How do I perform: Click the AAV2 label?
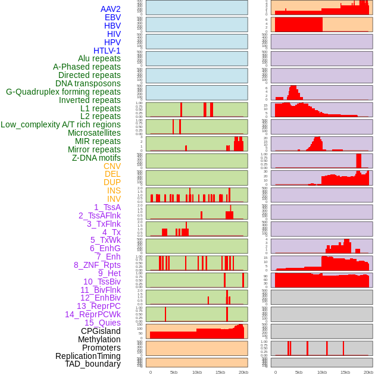(111, 9)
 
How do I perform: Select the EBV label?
(112, 17)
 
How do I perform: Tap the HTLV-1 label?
(107, 51)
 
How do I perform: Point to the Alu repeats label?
(99, 58)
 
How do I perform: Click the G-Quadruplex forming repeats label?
(63, 92)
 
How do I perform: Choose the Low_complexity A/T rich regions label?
(61, 124)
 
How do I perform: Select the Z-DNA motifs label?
(96, 158)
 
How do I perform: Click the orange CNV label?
(112, 166)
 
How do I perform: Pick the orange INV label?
(114, 199)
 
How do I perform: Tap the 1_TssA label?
(107, 207)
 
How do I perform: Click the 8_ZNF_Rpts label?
(97, 265)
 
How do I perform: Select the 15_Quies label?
(102, 323)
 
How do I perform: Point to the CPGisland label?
(101, 331)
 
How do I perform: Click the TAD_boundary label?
(93, 364)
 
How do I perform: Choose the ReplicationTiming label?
(88, 356)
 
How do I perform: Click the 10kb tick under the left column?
(197, 372)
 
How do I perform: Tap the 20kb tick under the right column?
(368, 372)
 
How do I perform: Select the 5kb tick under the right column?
(299, 372)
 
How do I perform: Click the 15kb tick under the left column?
(220, 372)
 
